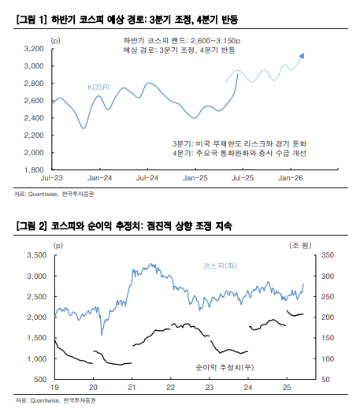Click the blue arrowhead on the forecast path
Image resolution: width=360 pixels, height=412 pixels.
pyautogui.click(x=302, y=56)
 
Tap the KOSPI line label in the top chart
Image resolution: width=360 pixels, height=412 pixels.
pyautogui.click(x=98, y=87)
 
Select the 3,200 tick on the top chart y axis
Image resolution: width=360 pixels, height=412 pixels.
pyautogui.click(x=34, y=49)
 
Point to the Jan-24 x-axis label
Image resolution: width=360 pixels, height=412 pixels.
pyautogui.click(x=99, y=178)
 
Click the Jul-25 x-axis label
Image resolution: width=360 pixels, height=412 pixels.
pyautogui.click(x=243, y=178)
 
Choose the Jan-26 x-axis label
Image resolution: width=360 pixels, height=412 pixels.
pyautogui.click(x=291, y=178)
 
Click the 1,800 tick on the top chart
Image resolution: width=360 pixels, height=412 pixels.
pyautogui.click(x=34, y=170)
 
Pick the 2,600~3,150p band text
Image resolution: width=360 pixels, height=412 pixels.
pyautogui.click(x=216, y=41)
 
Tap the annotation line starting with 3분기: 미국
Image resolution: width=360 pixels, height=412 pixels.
pyautogui.click(x=239, y=143)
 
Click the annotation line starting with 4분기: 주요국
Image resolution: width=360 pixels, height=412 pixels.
pyautogui.click(x=239, y=153)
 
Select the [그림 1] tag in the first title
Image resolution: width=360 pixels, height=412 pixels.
pyautogui.click(x=32, y=20)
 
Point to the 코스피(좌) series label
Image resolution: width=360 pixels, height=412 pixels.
pyautogui.click(x=220, y=266)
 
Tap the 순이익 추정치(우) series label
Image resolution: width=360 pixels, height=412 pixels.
pyautogui.click(x=225, y=367)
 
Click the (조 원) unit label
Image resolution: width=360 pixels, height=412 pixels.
pyautogui.click(x=300, y=246)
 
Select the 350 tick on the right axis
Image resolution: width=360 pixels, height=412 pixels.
pyautogui.click(x=328, y=255)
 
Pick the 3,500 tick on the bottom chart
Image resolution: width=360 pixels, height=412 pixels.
pyautogui.click(x=37, y=255)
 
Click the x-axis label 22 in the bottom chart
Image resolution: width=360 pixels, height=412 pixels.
pyautogui.click(x=170, y=388)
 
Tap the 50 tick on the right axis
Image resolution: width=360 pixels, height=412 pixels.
pyautogui.click(x=325, y=380)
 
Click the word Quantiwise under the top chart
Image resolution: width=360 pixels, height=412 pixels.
pyautogui.click(x=43, y=194)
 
